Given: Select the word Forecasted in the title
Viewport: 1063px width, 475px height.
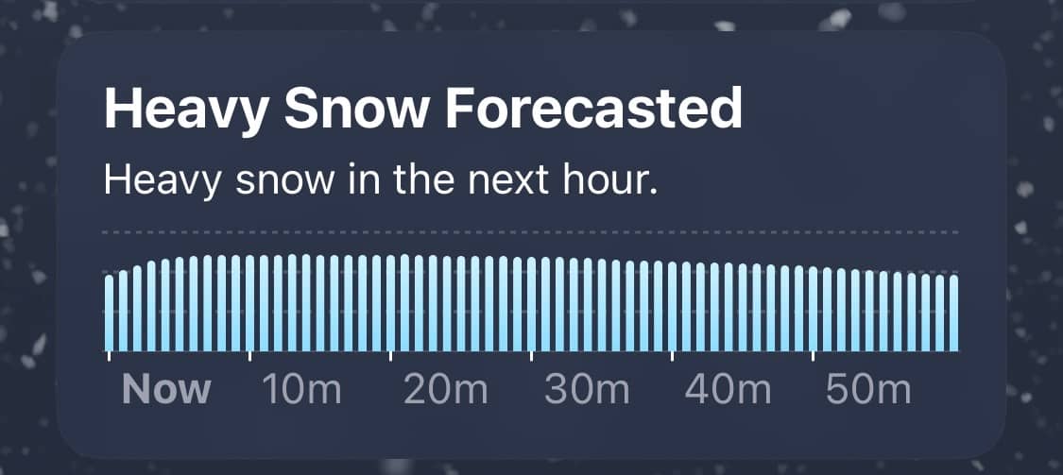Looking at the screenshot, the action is click(593, 109).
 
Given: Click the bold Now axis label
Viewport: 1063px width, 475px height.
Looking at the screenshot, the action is click(166, 390).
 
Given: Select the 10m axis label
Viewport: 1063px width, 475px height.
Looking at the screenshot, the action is click(301, 390).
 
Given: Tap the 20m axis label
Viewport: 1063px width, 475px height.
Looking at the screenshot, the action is click(445, 390).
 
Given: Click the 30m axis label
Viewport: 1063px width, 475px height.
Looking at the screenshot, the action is click(587, 390).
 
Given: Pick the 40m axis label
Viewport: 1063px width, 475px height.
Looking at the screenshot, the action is click(728, 390).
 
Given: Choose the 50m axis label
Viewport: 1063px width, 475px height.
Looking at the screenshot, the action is click(868, 390).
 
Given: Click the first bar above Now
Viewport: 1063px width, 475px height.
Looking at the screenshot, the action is click(110, 314).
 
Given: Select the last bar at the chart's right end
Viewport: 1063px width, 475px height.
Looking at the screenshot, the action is click(953, 314).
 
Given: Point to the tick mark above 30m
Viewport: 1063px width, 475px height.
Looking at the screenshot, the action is click(531, 356).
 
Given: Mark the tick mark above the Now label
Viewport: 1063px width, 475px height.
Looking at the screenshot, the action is click(110, 356).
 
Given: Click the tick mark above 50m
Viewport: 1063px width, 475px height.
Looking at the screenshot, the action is click(813, 356).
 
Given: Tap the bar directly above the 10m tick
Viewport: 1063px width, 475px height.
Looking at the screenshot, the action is click(250, 303).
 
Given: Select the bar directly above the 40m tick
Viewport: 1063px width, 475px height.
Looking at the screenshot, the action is click(672, 307).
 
